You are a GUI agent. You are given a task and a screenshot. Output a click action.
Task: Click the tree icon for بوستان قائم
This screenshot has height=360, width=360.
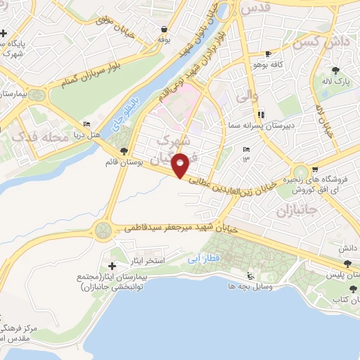click(124, 150)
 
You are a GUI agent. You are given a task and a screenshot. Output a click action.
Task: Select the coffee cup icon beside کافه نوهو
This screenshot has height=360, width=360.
click(267, 54)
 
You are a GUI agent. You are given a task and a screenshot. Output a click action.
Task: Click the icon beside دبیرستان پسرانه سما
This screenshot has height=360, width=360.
click(261, 114)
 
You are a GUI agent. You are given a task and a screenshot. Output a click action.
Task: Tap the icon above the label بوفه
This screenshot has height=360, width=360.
click(164, 30)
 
